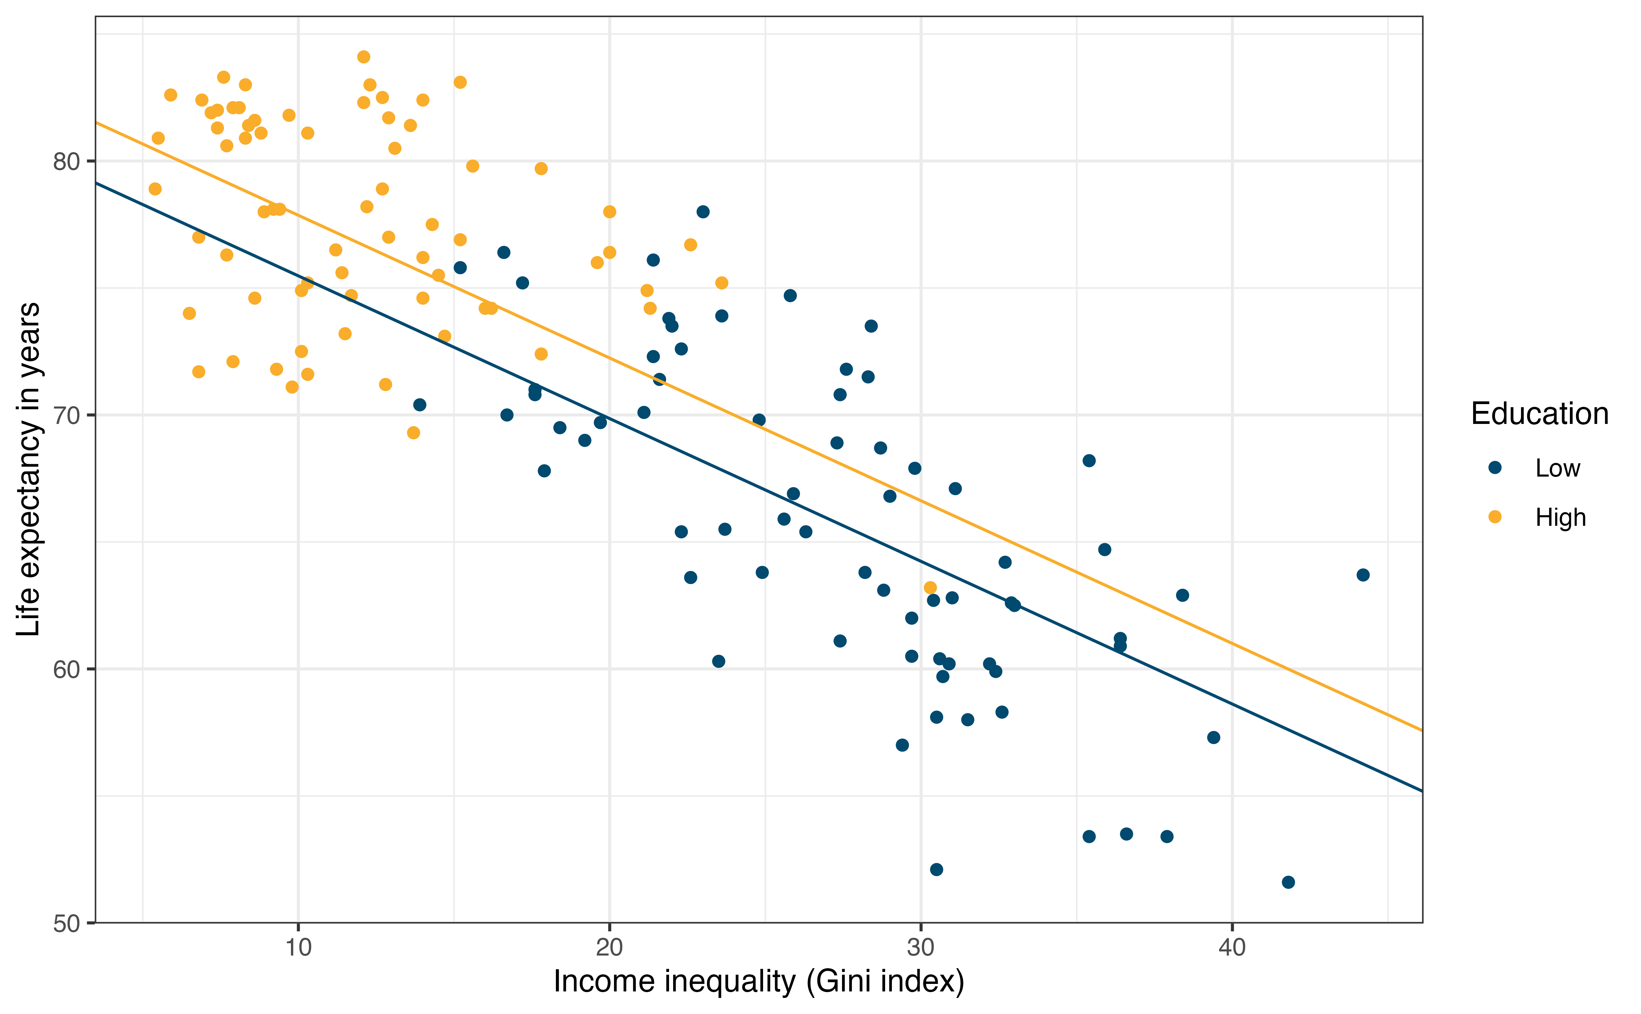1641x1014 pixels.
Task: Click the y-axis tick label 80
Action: point(66,162)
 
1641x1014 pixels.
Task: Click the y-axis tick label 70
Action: point(66,416)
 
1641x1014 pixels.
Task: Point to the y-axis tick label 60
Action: point(66,669)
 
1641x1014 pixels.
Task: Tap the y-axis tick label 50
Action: point(66,923)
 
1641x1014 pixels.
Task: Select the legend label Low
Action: point(1557,468)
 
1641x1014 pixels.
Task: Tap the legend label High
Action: point(1561,518)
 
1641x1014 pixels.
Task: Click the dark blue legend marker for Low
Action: point(1495,467)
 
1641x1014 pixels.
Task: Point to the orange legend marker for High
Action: point(1495,516)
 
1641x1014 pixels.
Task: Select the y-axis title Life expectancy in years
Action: point(29,469)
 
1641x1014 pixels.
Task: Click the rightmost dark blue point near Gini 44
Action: point(1363,575)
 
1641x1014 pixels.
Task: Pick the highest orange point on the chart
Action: point(363,57)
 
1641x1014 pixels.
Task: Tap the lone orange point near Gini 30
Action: point(930,587)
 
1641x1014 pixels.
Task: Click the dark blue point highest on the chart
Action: point(703,212)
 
